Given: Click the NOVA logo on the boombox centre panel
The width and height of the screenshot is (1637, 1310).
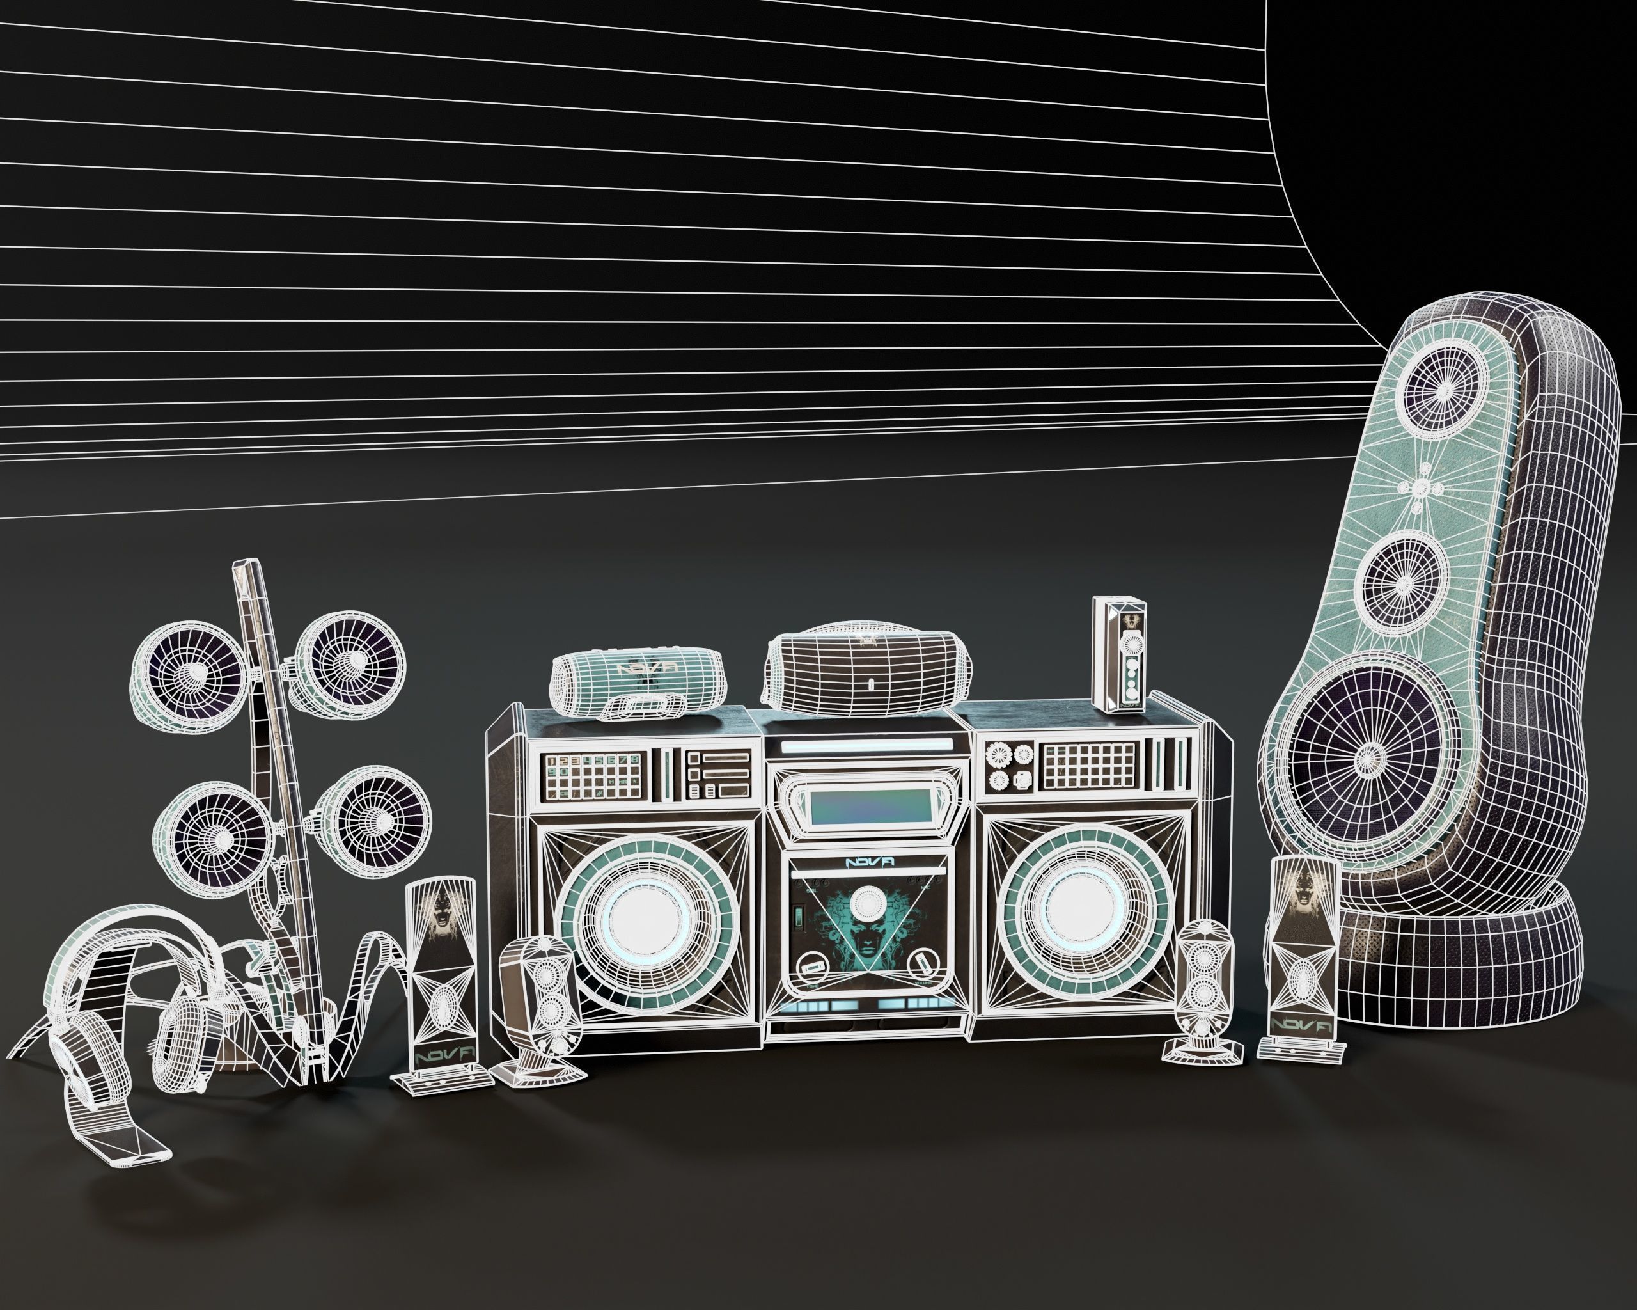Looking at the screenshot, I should tap(868, 864).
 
